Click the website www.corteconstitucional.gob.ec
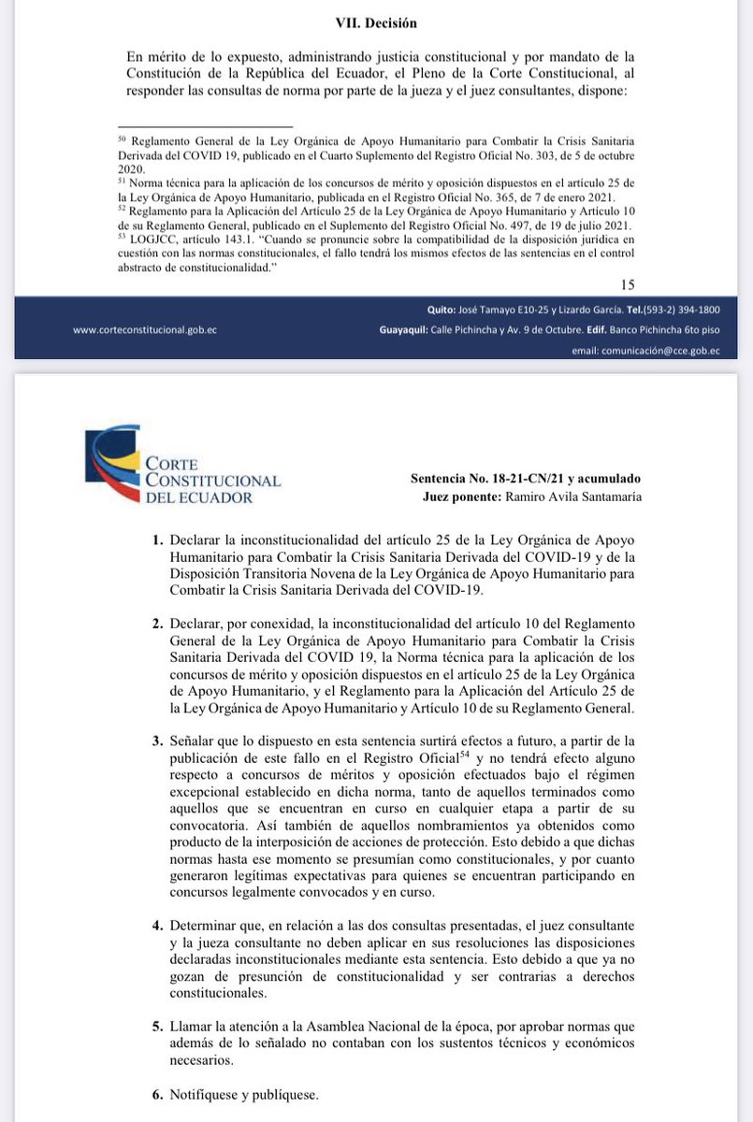tap(145, 330)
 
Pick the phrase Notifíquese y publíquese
tap(245, 1093)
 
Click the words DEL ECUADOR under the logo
tap(198, 497)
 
